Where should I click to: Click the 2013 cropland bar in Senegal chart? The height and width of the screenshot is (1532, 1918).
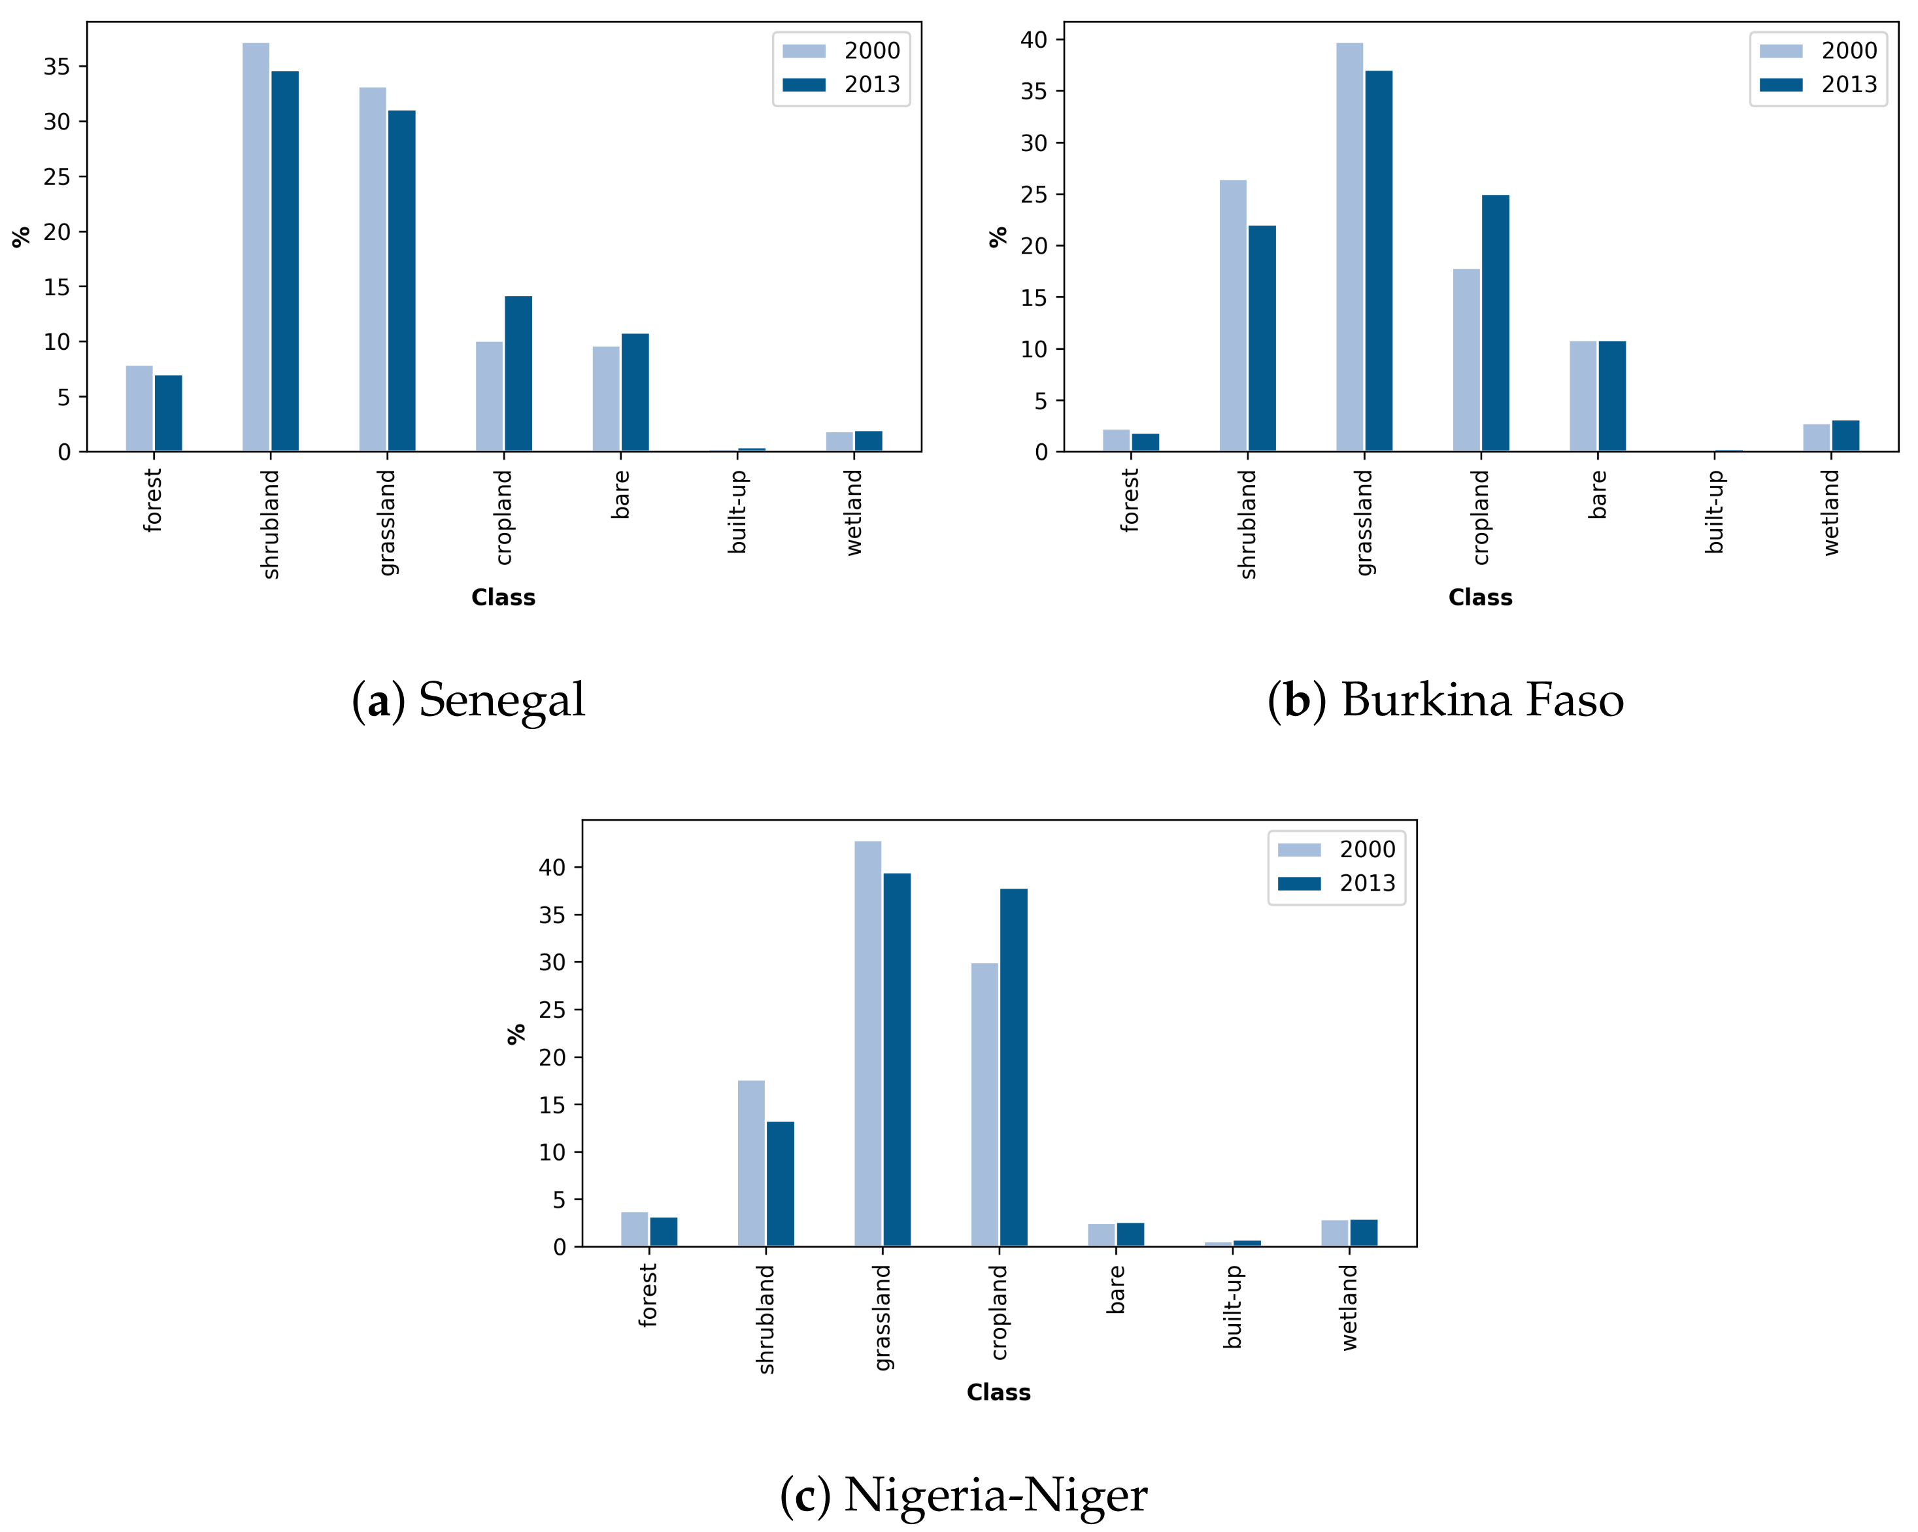point(518,373)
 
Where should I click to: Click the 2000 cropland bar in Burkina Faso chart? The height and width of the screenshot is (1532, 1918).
point(1466,360)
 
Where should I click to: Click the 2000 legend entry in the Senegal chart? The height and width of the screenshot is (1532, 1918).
point(841,51)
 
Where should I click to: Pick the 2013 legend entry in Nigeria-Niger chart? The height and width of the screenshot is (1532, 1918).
point(1336,883)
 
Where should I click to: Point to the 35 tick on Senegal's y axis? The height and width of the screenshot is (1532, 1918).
point(56,67)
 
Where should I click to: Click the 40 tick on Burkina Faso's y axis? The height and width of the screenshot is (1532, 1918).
point(1033,40)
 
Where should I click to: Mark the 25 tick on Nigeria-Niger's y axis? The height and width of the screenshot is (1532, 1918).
point(552,1010)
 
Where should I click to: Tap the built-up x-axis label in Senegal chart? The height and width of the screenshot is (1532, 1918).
point(737,513)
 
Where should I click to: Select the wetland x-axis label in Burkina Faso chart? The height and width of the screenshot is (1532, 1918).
point(1831,513)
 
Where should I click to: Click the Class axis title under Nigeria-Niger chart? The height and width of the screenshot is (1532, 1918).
point(998,1392)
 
